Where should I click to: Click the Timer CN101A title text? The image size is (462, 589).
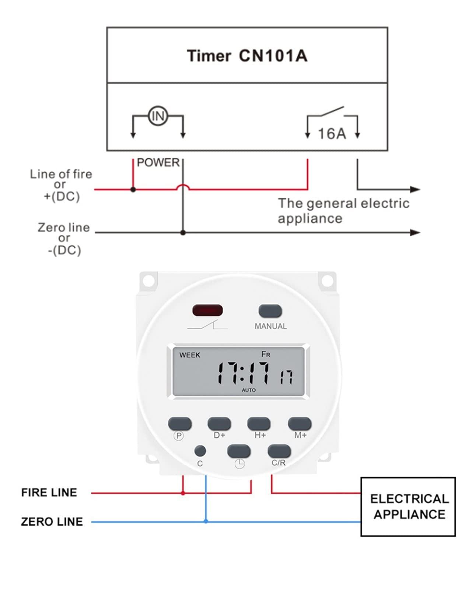[247, 56]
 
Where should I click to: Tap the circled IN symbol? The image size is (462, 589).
[158, 116]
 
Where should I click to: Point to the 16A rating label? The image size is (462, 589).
[332, 134]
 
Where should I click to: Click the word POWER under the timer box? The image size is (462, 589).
[158, 162]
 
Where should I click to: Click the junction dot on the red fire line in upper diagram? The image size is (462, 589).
[133, 190]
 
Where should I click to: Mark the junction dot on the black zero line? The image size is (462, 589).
[183, 233]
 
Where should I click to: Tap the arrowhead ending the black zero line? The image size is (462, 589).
[416, 233]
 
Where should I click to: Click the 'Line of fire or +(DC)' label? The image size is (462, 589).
[61, 185]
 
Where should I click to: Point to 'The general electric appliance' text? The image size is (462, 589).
[343, 211]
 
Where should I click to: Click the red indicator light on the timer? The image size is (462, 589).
[207, 310]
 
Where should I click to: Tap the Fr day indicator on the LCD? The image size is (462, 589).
[266, 354]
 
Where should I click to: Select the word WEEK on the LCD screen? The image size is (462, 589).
[190, 355]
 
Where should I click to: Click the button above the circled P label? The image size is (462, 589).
[180, 423]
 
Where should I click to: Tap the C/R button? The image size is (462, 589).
[279, 451]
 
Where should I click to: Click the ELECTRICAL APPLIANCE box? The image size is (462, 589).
[408, 507]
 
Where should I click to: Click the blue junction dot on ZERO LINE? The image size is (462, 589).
[206, 521]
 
